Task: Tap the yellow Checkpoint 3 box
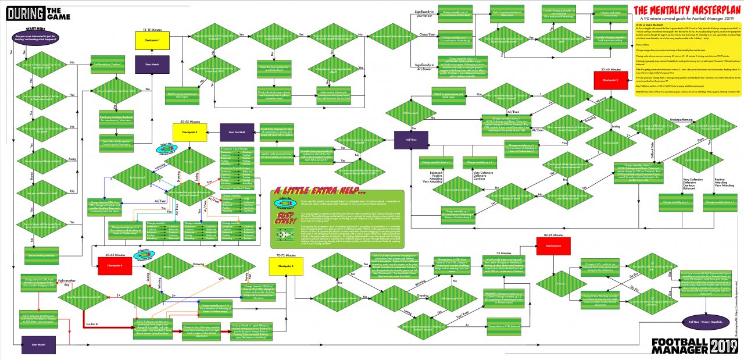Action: click(x=189, y=132)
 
